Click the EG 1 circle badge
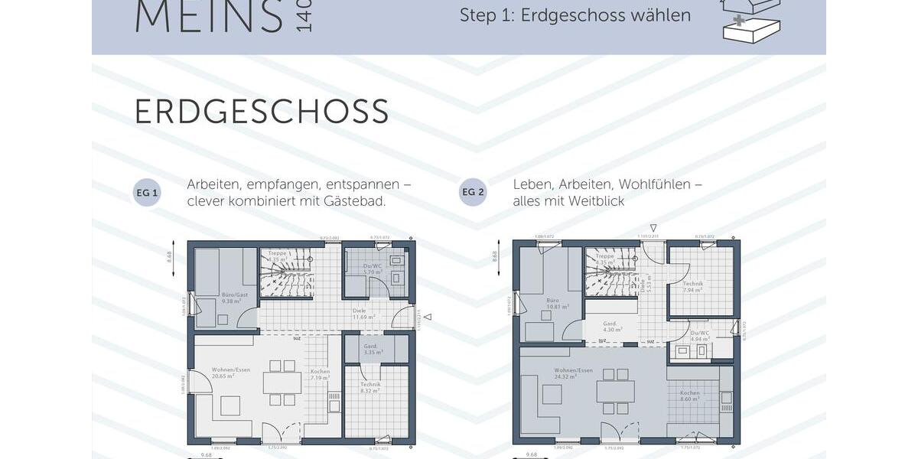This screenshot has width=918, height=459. tap(147, 193)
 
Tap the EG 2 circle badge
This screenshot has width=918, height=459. tap(473, 193)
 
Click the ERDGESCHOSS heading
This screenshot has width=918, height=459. tap(262, 112)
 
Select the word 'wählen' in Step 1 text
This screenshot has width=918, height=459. tap(657, 15)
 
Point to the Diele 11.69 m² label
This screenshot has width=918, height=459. tap(364, 314)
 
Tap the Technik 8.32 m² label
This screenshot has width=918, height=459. tap(370, 387)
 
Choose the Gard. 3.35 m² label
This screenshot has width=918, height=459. tap(373, 350)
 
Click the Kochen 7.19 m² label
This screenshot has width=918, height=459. tap(321, 375)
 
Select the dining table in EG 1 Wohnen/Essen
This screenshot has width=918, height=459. tap(279, 382)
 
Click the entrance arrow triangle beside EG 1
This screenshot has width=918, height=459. tap(427, 317)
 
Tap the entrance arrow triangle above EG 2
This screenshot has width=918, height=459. tap(653, 227)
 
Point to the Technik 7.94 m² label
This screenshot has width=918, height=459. tap(693, 287)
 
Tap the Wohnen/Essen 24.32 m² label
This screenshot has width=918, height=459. tap(574, 373)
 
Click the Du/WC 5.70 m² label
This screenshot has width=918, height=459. tap(372, 269)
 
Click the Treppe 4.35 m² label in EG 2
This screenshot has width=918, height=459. tap(605, 259)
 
